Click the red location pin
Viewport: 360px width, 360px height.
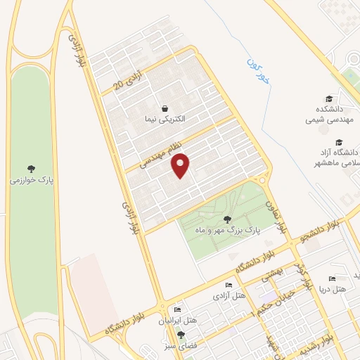point(181,165)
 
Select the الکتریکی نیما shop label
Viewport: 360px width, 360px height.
point(164,120)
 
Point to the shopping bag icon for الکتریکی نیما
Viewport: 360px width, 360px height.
point(165,108)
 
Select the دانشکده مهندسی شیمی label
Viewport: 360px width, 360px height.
point(326,114)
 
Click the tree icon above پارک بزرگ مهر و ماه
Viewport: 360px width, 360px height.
point(226,219)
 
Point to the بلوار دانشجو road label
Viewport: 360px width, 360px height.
point(321,229)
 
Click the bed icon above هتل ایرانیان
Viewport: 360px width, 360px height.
point(177,309)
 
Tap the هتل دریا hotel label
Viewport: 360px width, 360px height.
point(332,289)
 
